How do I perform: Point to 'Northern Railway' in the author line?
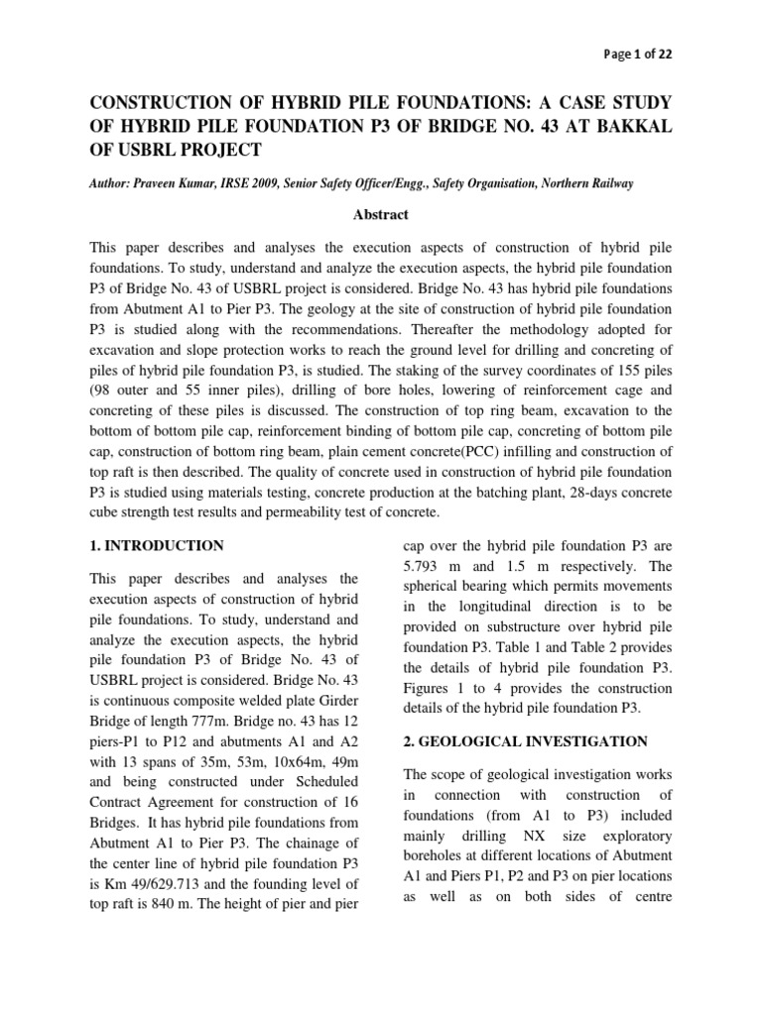(567, 183)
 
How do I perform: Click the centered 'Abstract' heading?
(381, 213)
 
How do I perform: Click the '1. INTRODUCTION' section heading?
(156, 545)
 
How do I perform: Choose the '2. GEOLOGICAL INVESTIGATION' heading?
(523, 740)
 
